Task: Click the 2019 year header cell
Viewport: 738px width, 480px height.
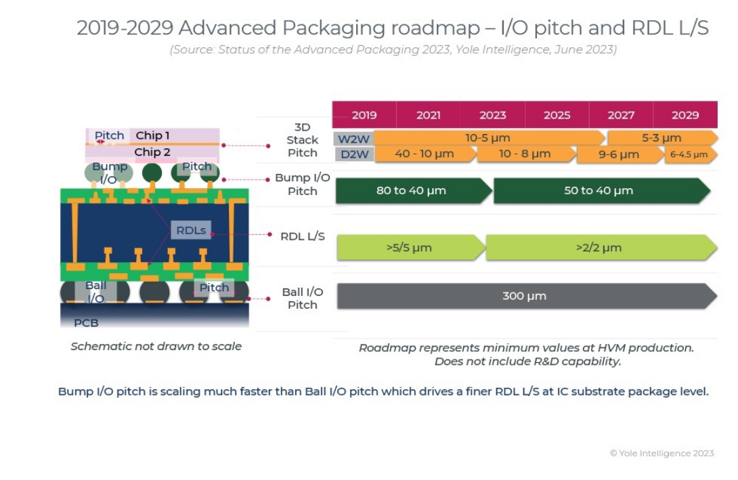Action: click(364, 115)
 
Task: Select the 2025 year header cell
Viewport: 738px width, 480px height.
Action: click(557, 115)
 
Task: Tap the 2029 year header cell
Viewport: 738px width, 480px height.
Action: click(685, 115)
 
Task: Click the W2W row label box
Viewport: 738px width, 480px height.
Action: click(353, 139)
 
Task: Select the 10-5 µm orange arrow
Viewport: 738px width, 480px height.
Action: click(487, 138)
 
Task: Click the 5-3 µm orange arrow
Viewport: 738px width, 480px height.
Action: click(661, 138)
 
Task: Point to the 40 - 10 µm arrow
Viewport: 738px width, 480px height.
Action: click(425, 154)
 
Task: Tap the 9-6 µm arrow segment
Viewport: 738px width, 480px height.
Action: click(619, 155)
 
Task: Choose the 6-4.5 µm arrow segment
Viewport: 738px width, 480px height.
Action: click(689, 155)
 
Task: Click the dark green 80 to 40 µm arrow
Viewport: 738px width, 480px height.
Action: click(412, 191)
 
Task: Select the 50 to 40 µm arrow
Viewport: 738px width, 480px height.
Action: click(599, 191)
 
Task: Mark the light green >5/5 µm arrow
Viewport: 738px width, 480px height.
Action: click(409, 248)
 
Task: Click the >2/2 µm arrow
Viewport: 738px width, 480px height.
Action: click(599, 248)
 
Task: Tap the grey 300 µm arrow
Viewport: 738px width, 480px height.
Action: click(525, 296)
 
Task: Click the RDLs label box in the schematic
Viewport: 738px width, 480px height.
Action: click(191, 230)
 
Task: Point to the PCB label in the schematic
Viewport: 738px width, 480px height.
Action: click(86, 323)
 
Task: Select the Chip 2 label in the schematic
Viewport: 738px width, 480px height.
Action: click(152, 152)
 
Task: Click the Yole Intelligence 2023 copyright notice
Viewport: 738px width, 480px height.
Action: click(661, 454)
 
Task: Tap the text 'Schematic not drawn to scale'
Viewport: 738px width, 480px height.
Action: click(156, 346)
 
